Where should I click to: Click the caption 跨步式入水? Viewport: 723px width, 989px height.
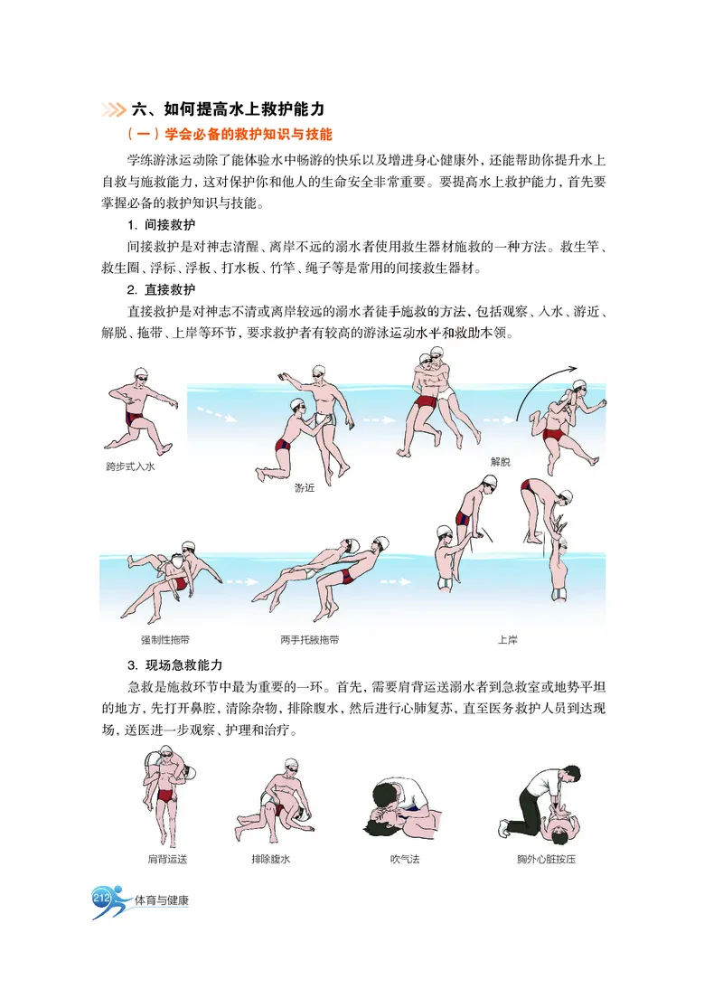click(x=130, y=467)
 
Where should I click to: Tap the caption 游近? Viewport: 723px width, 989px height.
click(x=305, y=487)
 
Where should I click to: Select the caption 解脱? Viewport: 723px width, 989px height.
click(x=500, y=461)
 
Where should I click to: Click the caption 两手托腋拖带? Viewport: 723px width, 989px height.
click(x=310, y=640)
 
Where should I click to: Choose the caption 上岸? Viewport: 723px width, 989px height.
click(x=508, y=640)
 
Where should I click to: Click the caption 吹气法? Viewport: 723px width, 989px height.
click(x=404, y=859)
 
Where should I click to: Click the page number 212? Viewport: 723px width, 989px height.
click(x=101, y=898)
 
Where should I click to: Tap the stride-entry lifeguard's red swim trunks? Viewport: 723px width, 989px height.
click(x=135, y=419)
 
